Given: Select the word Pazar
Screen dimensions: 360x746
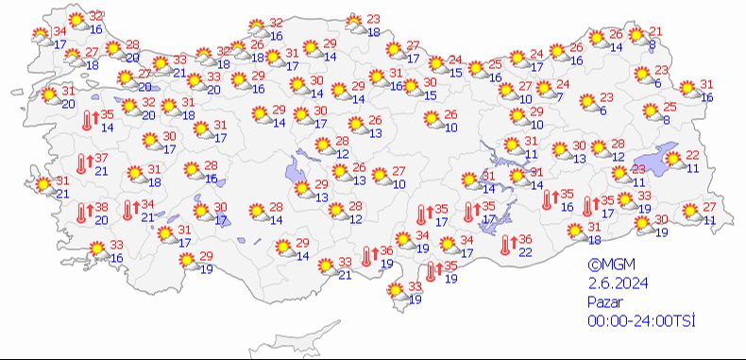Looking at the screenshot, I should [x=604, y=303].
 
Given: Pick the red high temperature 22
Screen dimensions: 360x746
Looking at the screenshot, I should [x=692, y=155].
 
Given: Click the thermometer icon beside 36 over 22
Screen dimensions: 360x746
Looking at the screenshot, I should [x=508, y=245].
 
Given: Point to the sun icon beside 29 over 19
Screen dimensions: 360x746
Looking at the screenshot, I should [x=188, y=262].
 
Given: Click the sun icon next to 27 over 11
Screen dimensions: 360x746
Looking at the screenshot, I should [x=690, y=212].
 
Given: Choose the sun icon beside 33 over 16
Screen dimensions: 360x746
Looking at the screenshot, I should [x=97, y=250].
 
